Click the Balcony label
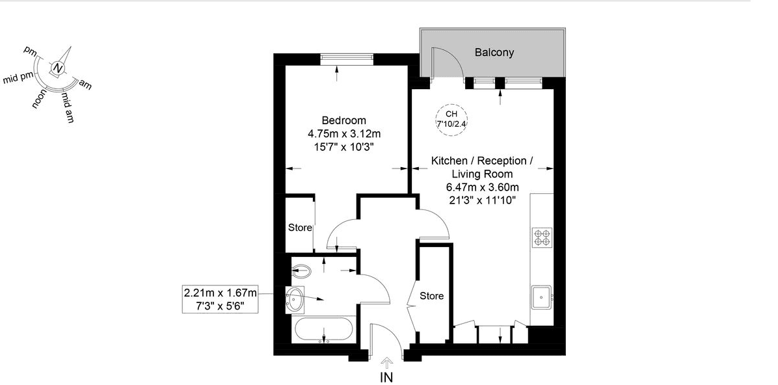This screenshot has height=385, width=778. coord(494,53)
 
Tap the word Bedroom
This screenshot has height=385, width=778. coord(343,120)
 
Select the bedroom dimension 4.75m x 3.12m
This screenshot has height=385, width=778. coord(343,133)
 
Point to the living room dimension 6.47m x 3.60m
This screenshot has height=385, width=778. coord(482,187)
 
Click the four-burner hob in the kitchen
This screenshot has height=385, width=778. coord(542,238)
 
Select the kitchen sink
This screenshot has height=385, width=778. coord(541,297)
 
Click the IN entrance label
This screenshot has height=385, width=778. coord(387,376)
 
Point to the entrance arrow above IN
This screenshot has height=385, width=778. coord(387,361)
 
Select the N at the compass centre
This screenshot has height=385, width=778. coord(59,68)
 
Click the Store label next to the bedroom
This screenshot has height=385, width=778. coord(300,228)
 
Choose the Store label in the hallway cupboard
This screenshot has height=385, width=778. coord(431,296)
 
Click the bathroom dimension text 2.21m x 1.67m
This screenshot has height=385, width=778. coord(221,293)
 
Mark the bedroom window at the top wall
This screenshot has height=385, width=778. coord(347,59)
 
